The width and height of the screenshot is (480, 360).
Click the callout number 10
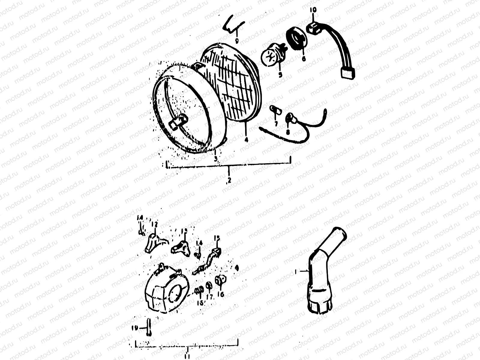click(x=313, y=10)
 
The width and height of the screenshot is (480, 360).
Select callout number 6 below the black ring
click(x=304, y=58)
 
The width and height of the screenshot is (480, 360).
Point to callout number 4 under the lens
click(x=246, y=139)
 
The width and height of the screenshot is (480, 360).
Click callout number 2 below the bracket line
click(x=229, y=180)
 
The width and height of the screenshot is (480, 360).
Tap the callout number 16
click(x=222, y=294)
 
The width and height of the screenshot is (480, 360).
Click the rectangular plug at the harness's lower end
click(x=347, y=73)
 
